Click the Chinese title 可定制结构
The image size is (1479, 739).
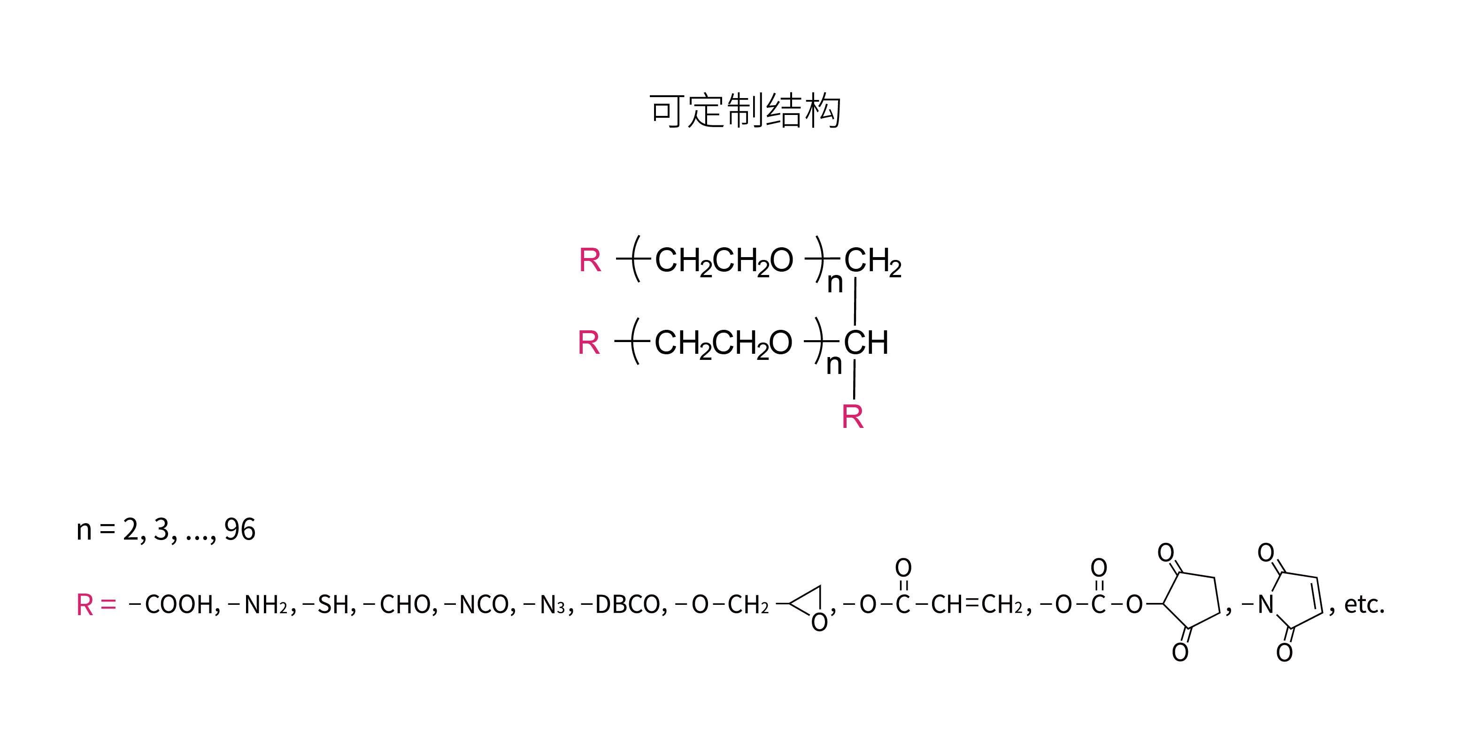745,111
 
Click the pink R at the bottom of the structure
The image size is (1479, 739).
853,417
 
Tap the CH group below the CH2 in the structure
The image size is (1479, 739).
866,343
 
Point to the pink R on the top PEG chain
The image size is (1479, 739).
590,260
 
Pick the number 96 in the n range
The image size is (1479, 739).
239,530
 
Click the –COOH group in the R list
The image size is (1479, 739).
175,604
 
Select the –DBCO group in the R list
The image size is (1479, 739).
624,604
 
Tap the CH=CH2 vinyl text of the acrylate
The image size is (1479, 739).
977,604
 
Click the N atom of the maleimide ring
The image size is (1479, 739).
1266,604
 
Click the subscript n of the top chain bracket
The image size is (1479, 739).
835,283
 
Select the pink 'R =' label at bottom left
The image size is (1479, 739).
96,605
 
